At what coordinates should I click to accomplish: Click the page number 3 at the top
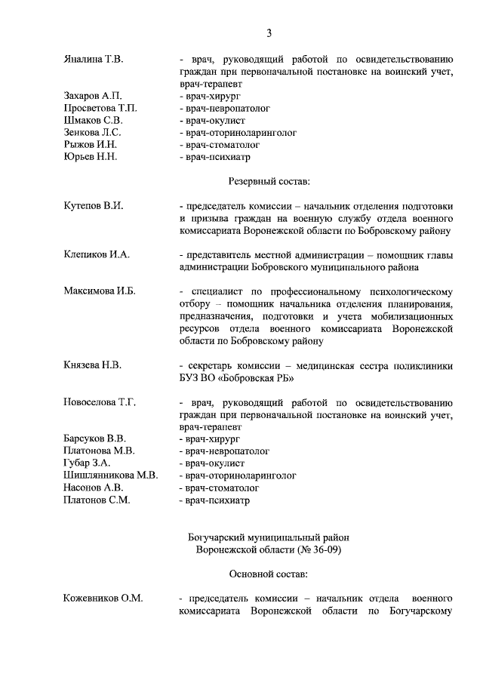[269, 32]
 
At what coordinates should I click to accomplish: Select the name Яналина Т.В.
[94, 58]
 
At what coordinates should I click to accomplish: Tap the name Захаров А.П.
[93, 96]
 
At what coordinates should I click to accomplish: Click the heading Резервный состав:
[269, 181]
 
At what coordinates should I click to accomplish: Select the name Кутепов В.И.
[94, 205]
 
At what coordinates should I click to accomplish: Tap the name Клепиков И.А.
[97, 254]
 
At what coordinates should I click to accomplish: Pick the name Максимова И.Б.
[100, 291]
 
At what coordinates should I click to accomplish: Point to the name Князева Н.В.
[93, 365]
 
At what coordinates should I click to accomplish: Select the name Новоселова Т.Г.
[100, 402]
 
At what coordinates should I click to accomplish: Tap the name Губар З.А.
[88, 463]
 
